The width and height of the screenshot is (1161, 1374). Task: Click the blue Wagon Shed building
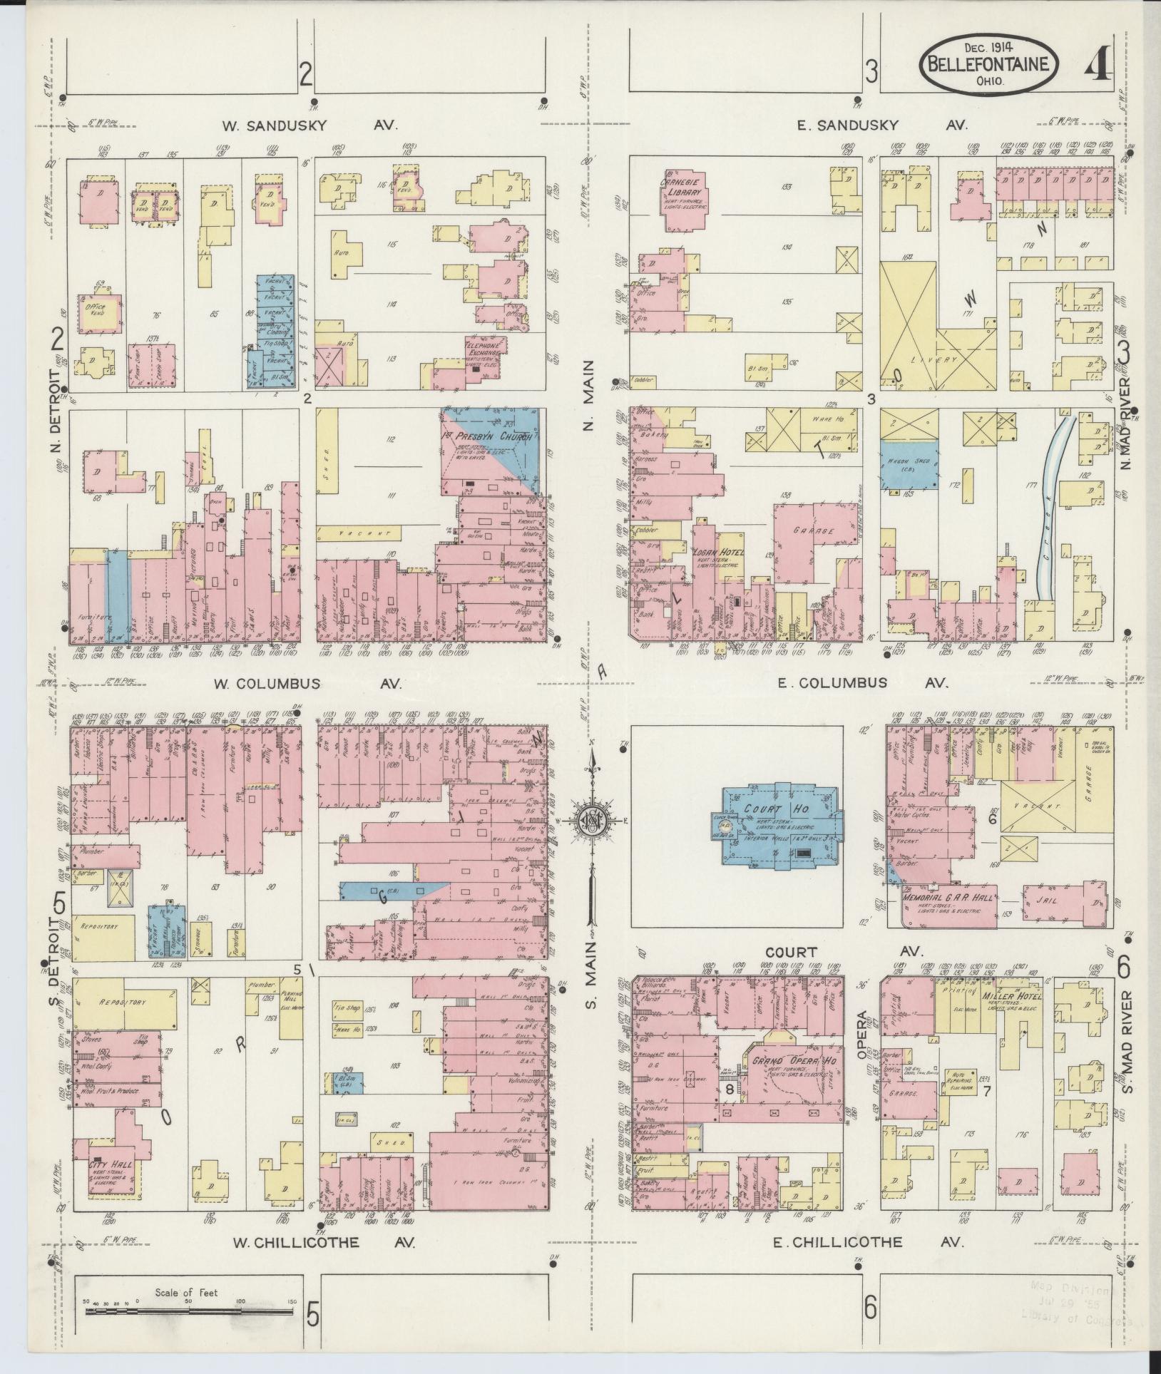click(908, 464)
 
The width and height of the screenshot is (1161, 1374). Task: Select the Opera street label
click(861, 1025)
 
